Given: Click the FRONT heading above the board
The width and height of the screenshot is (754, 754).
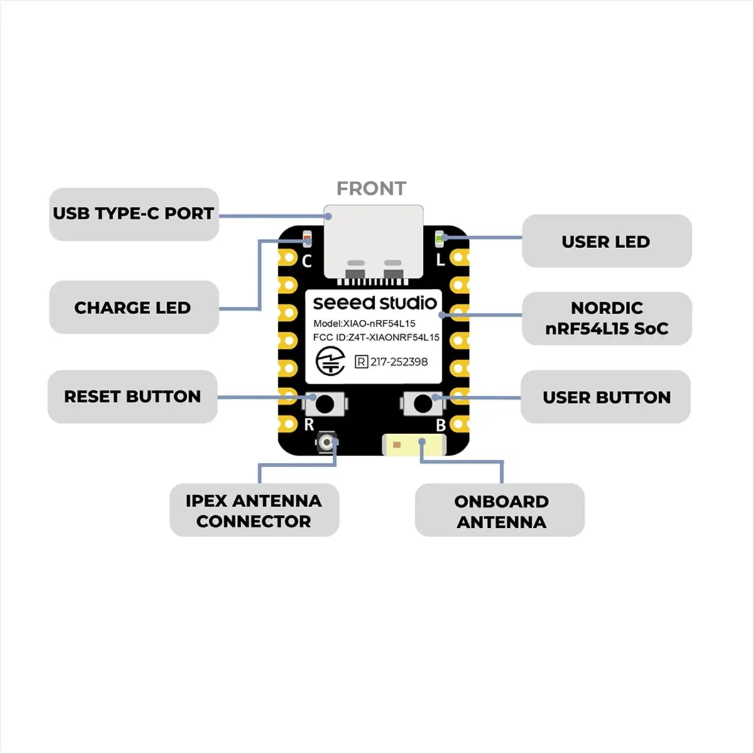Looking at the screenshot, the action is pyautogui.click(x=371, y=188).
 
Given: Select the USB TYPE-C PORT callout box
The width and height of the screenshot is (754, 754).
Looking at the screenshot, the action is pyautogui.click(x=134, y=214).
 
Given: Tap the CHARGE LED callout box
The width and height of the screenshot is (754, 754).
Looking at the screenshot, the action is pyautogui.click(x=134, y=307).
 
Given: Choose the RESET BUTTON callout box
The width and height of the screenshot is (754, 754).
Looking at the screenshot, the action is pyautogui.click(x=133, y=396).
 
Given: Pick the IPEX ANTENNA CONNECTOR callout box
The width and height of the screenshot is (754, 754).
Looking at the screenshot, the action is pyautogui.click(x=254, y=510).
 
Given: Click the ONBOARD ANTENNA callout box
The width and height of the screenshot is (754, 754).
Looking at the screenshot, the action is pyautogui.click(x=500, y=510).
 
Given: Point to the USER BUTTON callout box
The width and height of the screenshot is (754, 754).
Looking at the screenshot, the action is pyautogui.click(x=606, y=396).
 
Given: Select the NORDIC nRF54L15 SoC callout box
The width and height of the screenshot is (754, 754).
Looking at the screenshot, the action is pyautogui.click(x=607, y=319).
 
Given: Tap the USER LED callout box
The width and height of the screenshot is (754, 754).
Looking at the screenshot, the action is pyautogui.click(x=607, y=241).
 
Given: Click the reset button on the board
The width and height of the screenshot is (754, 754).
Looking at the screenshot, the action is pyautogui.click(x=324, y=404).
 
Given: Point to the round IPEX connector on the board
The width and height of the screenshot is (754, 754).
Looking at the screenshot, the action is pyautogui.click(x=326, y=442).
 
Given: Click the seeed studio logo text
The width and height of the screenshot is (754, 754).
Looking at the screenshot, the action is pyautogui.click(x=375, y=303).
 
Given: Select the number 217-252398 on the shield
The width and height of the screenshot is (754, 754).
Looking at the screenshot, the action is pyautogui.click(x=399, y=362).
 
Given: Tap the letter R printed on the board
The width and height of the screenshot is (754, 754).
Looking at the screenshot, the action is pyautogui.click(x=309, y=425).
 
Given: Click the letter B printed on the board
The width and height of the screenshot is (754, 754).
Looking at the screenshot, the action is pyautogui.click(x=440, y=425).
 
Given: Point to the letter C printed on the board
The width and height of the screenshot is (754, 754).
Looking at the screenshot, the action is pyautogui.click(x=307, y=261).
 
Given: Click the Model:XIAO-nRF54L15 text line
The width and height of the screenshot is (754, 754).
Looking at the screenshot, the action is pyautogui.click(x=364, y=324).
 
